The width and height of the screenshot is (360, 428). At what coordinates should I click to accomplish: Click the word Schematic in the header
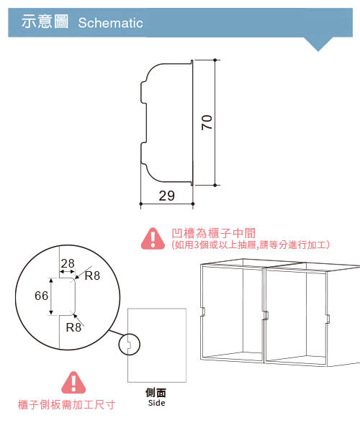[110, 23]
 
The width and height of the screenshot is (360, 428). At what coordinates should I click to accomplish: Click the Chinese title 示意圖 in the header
[45, 22]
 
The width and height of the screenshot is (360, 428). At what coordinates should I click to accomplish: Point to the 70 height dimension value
[207, 122]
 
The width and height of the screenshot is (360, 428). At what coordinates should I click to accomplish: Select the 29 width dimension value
[166, 196]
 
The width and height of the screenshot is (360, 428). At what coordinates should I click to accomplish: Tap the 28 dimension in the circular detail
[68, 263]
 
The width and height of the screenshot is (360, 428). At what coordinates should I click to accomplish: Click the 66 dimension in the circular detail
[41, 296]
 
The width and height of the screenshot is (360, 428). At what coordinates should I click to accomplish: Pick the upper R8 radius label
[92, 276]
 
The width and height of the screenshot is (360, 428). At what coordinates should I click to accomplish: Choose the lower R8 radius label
[73, 327]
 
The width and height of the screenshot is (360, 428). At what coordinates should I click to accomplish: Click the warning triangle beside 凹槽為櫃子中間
[153, 239]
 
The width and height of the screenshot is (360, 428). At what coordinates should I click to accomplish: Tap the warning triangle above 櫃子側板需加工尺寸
[73, 382]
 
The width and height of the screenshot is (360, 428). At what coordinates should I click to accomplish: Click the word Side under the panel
[156, 403]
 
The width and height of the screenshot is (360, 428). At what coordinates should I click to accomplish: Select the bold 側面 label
[156, 393]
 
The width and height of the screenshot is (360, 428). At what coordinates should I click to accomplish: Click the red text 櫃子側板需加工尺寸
[66, 404]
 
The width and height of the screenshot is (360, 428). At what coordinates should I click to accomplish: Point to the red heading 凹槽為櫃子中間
[214, 233]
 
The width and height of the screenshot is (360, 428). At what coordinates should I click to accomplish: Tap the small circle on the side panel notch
[129, 345]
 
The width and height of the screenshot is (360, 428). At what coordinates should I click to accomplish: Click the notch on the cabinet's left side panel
[202, 311]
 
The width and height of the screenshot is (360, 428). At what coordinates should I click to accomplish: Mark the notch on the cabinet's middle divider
[266, 315]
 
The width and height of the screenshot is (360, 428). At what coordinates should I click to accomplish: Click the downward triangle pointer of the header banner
[318, 44]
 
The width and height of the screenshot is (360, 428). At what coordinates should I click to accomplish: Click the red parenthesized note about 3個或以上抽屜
[251, 245]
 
